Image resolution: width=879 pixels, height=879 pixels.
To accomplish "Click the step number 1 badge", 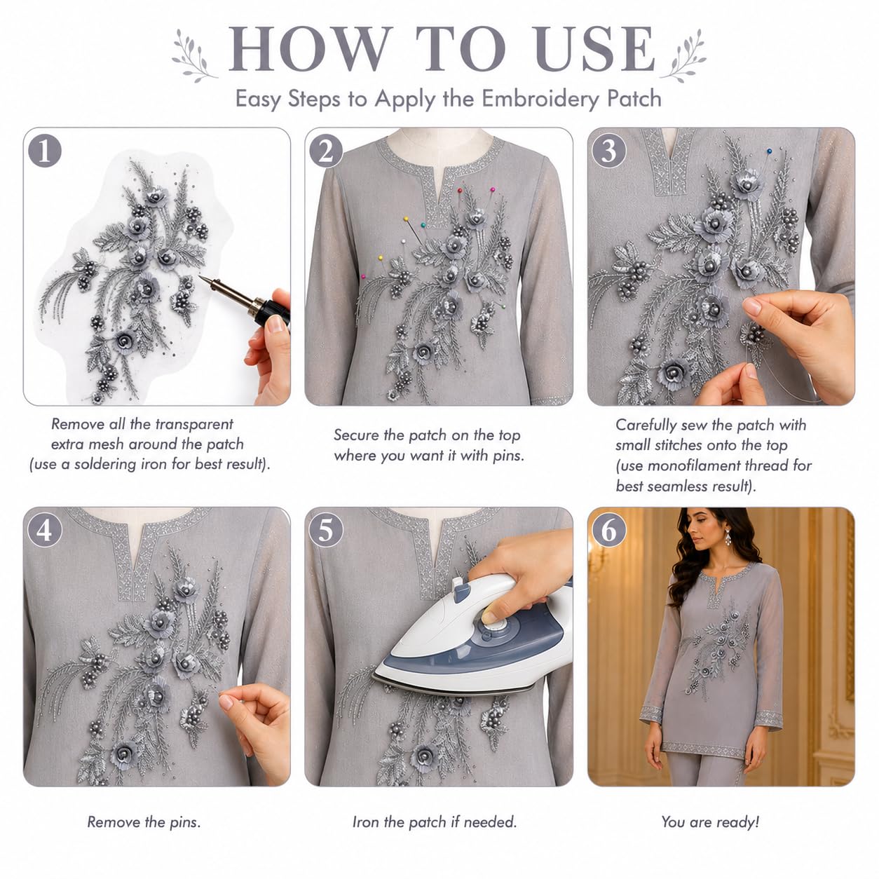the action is [x=45, y=151].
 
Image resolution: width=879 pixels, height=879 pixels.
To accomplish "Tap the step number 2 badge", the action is [x=326, y=151].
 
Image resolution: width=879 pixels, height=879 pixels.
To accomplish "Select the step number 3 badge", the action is [x=608, y=151].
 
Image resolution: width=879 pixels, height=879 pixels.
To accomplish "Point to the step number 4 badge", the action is [x=45, y=530].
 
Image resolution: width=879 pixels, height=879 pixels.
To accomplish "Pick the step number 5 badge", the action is [x=326, y=530].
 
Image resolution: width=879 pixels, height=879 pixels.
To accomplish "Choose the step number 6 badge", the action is [x=608, y=530].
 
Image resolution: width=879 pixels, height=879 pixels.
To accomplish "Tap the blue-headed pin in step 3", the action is [x=769, y=151].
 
